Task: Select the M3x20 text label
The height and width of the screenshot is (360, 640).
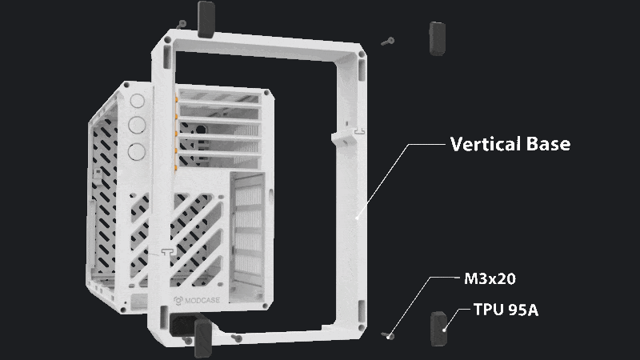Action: click(x=490, y=278)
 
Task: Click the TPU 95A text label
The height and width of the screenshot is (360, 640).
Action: click(x=506, y=310)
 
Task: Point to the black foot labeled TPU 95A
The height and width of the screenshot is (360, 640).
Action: click(x=438, y=329)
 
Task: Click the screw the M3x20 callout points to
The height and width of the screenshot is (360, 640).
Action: click(x=388, y=336)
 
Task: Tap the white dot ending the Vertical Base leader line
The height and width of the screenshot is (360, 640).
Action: click(x=357, y=218)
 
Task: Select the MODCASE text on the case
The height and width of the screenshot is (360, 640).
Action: click(x=202, y=301)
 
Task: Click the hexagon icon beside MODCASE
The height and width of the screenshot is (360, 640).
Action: click(x=178, y=301)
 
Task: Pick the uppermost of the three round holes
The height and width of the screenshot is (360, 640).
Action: click(x=137, y=101)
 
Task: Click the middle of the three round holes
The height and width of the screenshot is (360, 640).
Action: click(x=137, y=126)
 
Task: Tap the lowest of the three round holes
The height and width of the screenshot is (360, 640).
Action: click(x=136, y=151)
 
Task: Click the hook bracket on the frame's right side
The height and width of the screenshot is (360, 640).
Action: click(x=346, y=137)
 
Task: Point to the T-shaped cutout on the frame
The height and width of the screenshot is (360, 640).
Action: click(x=168, y=252)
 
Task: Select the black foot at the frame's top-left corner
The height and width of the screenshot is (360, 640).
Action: click(x=206, y=19)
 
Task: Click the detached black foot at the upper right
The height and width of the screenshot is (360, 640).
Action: click(x=437, y=38)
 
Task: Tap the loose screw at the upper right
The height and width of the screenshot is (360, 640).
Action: click(x=388, y=42)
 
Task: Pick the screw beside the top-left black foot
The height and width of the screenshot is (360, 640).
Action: click(x=182, y=25)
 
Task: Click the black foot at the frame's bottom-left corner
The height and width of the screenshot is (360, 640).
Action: click(x=203, y=338)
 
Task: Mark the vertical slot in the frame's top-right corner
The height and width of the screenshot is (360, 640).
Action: click(x=362, y=69)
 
